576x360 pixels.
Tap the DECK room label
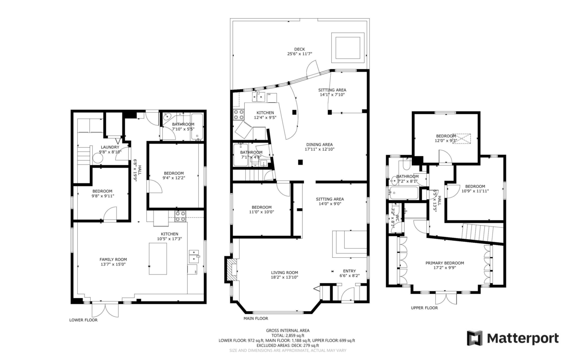click(300, 49)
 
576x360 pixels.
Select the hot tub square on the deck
click(347, 47)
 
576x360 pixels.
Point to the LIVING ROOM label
click(284, 273)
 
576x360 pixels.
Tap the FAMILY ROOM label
click(113, 259)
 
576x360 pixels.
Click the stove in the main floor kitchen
click(239, 114)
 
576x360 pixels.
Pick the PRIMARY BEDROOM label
click(444, 263)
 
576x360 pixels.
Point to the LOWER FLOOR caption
click(84, 320)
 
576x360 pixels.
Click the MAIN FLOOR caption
click(256, 318)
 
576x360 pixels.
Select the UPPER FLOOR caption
click(424, 308)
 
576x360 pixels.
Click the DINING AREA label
click(319, 144)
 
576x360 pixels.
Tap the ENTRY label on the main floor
click(349, 270)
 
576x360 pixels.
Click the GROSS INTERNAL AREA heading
click(288, 330)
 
